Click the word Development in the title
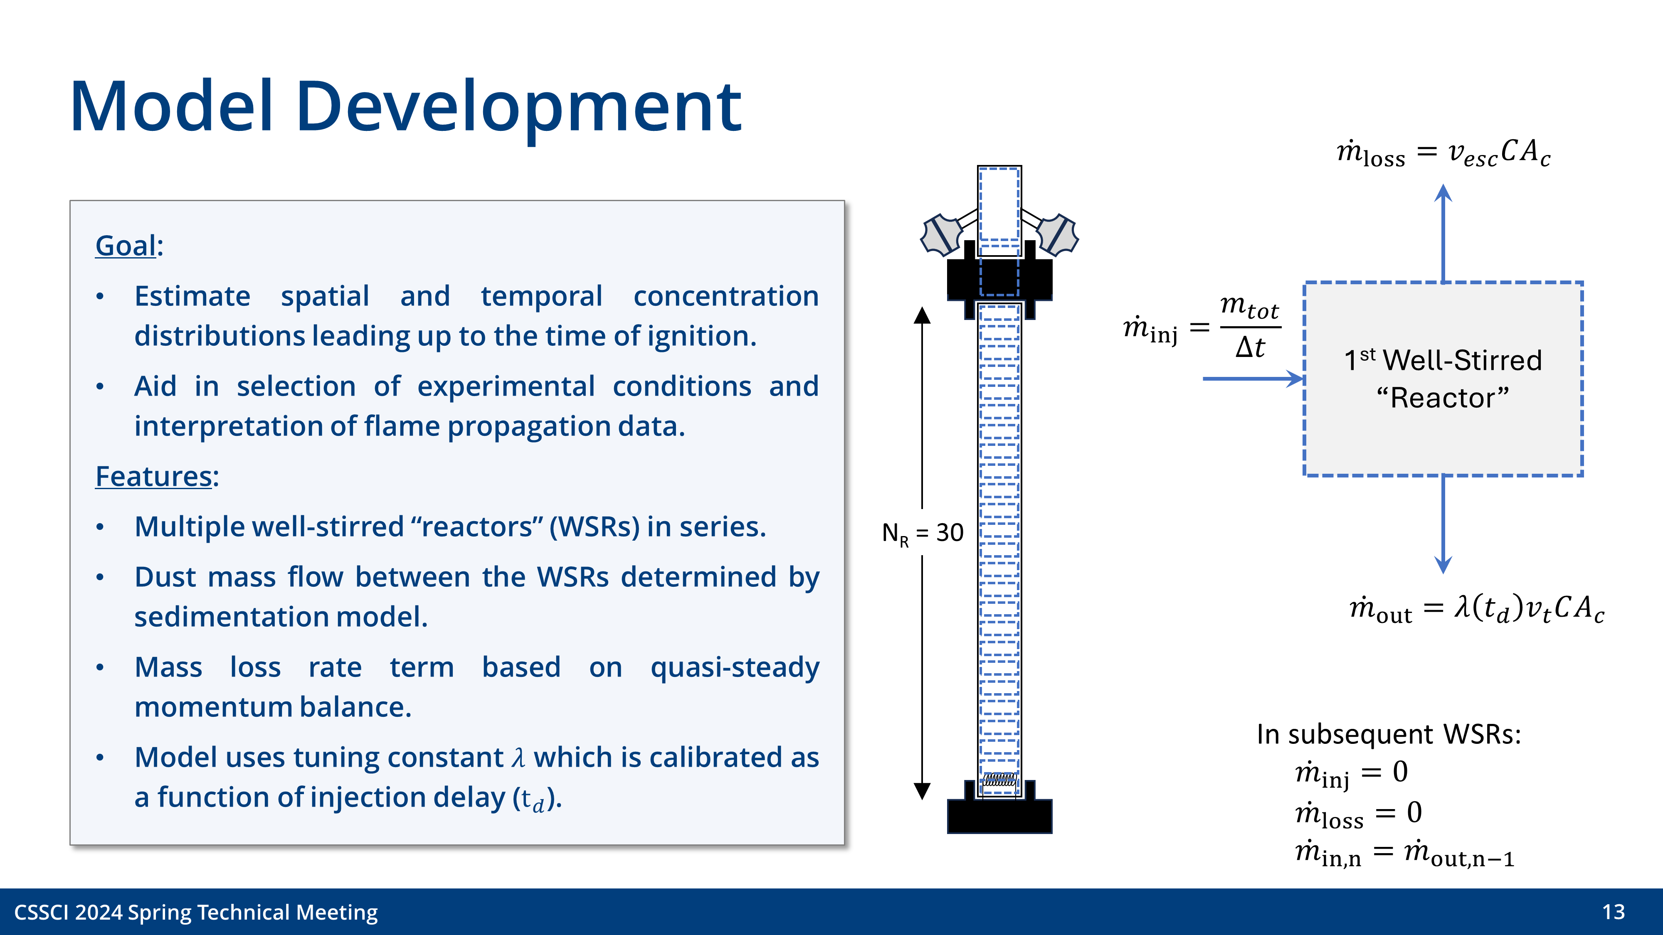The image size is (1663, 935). click(x=518, y=106)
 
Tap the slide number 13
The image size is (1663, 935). click(x=1613, y=912)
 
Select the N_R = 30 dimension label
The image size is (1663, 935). click(x=923, y=533)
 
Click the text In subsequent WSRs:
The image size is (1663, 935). click(x=1388, y=734)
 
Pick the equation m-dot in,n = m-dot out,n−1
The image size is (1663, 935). click(x=1404, y=853)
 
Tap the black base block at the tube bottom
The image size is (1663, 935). click(x=999, y=816)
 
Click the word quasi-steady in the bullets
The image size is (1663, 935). click(x=734, y=668)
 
